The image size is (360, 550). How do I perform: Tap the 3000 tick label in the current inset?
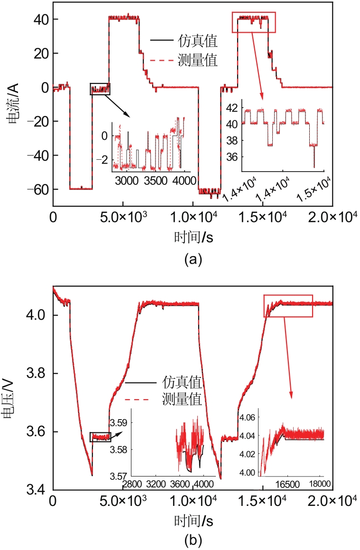125,181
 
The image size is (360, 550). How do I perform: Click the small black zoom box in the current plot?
100,88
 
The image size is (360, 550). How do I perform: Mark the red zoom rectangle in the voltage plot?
288,306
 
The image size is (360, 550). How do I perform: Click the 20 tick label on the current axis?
40,53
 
